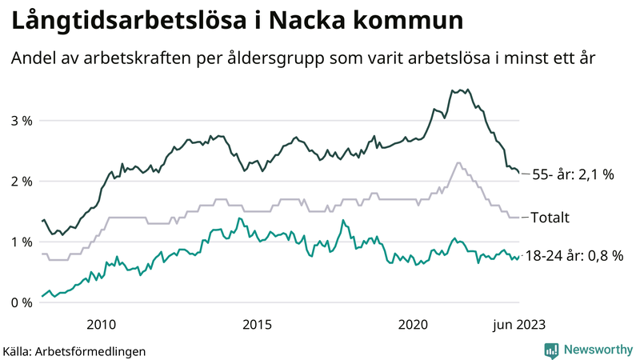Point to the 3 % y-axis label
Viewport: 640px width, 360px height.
pos(21,121)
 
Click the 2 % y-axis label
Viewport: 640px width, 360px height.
pos(21,182)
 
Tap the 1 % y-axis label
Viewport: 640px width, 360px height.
pos(21,242)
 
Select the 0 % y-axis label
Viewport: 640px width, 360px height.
pos(21,302)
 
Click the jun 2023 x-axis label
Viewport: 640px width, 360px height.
pos(519,324)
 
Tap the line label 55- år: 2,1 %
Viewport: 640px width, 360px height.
pos(573,174)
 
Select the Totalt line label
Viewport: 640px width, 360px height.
pos(553,218)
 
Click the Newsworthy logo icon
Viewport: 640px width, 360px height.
pos(551,350)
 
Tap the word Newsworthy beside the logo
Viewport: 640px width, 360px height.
pos(597,350)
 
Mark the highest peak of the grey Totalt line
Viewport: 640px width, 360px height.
pos(458,163)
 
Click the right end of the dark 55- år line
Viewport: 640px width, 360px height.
pos(519,171)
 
